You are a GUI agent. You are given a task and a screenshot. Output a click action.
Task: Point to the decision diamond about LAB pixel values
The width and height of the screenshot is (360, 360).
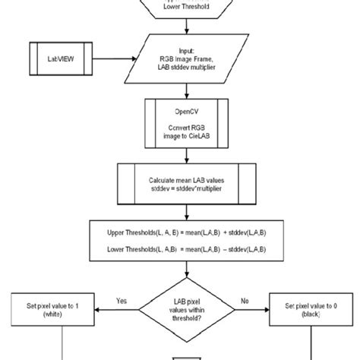coord(181,309)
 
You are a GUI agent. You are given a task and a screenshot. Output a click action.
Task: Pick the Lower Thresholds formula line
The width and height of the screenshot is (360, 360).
coord(181,248)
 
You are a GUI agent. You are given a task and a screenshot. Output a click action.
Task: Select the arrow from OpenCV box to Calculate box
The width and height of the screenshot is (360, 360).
coord(181,153)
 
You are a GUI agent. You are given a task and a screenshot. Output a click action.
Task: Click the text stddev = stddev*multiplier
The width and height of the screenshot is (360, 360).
coord(181,189)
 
